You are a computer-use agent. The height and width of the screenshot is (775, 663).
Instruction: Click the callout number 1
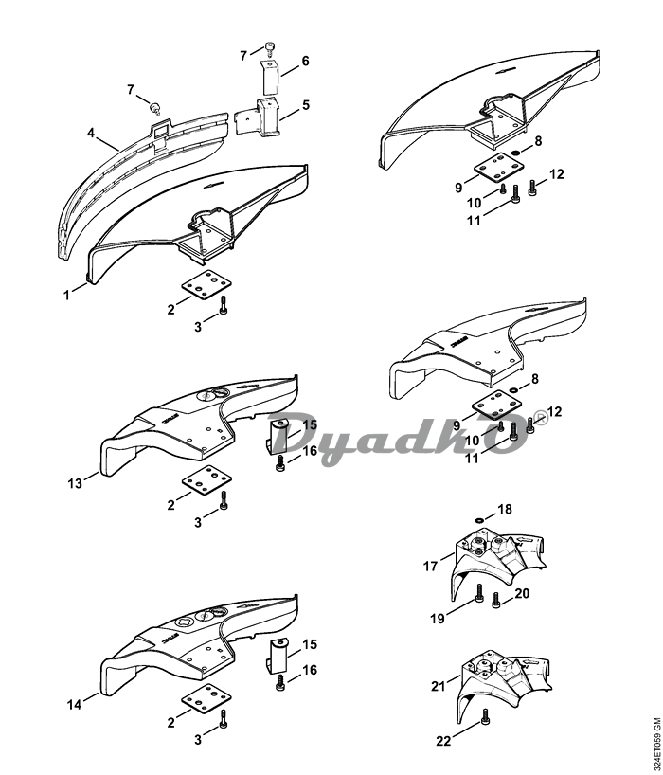pyautogui.click(x=67, y=296)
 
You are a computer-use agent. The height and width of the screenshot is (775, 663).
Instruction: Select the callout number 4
pyautogui.click(x=92, y=134)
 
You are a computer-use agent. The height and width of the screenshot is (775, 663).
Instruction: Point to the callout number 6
pyautogui.click(x=305, y=61)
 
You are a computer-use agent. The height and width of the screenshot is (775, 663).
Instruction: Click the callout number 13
pyautogui.click(x=77, y=482)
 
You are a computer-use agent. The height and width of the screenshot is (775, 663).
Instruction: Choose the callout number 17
pyautogui.click(x=430, y=567)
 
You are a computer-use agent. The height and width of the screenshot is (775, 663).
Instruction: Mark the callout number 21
pyautogui.click(x=438, y=684)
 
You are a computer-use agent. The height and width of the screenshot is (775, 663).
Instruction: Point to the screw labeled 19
pyautogui.click(x=477, y=595)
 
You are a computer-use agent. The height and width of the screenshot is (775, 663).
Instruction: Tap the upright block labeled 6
pyautogui.click(x=272, y=73)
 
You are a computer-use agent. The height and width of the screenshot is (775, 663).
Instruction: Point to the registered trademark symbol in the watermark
pyautogui.click(x=540, y=415)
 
